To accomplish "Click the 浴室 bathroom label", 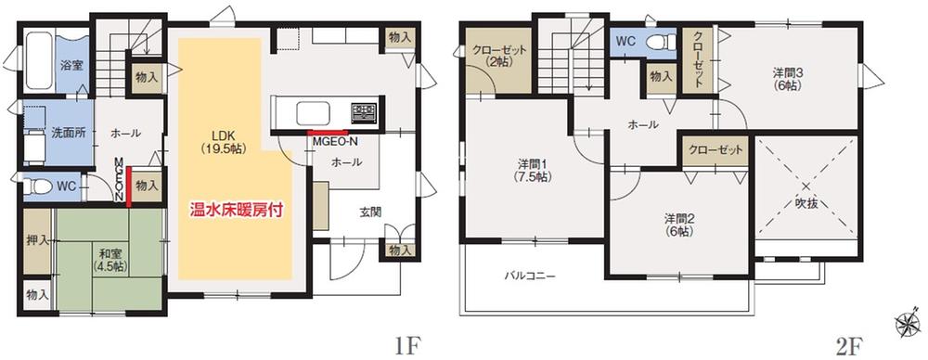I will tap(72, 66).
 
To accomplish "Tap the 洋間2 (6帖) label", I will tap(679, 225).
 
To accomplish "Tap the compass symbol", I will tap(907, 324).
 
